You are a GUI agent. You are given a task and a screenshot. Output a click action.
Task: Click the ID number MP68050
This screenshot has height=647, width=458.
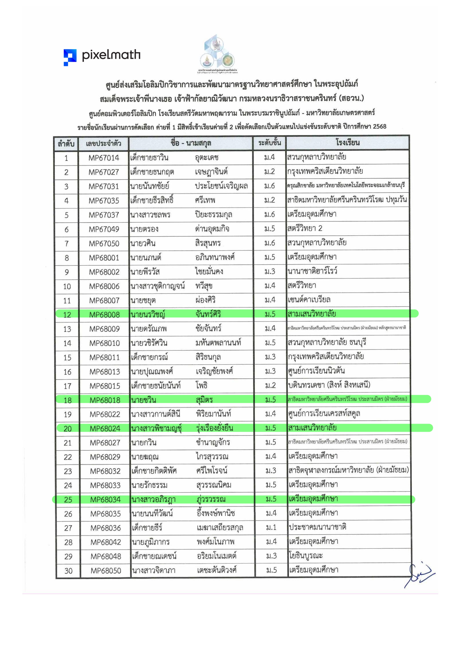click(106, 571)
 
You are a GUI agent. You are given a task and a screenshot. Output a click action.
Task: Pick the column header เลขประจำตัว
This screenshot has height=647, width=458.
click(103, 143)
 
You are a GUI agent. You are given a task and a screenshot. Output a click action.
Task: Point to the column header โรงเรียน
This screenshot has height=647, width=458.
click(347, 143)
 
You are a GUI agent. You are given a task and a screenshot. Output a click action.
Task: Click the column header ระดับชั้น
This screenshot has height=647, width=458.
click(269, 143)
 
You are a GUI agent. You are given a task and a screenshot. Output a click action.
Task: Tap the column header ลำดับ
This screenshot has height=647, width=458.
click(66, 144)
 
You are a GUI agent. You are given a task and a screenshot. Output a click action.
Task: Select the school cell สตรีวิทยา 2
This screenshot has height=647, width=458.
click(305, 228)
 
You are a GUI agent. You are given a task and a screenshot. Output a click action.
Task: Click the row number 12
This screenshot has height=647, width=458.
click(67, 315)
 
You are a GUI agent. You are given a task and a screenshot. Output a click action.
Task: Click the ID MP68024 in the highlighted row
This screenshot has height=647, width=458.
click(105, 429)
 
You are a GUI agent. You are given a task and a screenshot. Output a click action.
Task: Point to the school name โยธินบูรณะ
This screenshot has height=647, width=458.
click(305, 556)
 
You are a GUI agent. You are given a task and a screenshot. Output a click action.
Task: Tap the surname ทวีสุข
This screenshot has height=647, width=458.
click(204, 286)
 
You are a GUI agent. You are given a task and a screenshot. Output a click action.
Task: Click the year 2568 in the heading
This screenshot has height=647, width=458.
click(379, 126)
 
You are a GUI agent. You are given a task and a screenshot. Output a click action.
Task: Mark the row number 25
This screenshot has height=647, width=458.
click(68, 500)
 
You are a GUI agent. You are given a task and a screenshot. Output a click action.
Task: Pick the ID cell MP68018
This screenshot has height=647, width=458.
click(105, 400)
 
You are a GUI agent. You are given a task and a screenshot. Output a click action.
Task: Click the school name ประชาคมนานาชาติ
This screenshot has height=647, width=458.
click(317, 527)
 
